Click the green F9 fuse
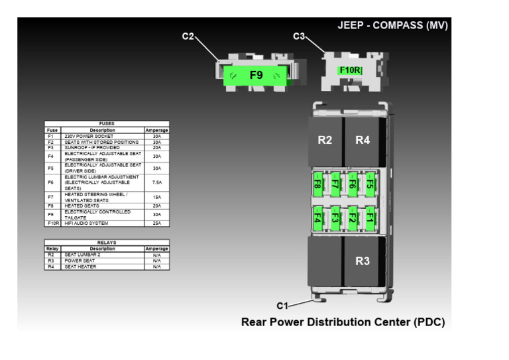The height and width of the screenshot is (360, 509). (256, 76)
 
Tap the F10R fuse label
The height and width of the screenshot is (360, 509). (350, 70)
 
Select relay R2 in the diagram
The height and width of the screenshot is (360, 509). (325, 140)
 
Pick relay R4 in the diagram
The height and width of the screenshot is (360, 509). (362, 140)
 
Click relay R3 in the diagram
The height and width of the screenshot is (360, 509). (362, 261)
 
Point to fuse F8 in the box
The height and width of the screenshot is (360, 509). (317, 184)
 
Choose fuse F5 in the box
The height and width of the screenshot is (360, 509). (370, 184)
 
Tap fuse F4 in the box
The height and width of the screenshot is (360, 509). (317, 217)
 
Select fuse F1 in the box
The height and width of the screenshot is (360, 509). (370, 217)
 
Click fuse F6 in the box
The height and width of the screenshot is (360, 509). (353, 184)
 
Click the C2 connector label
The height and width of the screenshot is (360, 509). (188, 36)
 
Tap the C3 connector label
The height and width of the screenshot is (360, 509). (299, 36)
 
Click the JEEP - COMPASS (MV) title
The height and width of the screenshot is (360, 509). (392, 26)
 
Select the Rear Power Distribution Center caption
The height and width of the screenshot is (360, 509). (343, 323)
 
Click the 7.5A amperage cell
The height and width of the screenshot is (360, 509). (156, 182)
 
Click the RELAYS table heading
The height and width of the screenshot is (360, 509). (107, 243)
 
